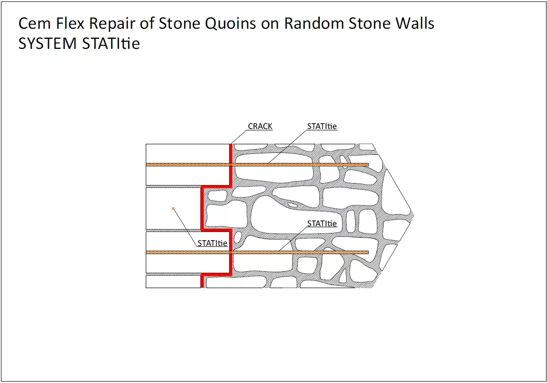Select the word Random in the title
tap(313, 23)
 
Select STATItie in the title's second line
tap(111, 44)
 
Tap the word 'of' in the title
tap(159, 23)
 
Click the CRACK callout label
tap(260, 127)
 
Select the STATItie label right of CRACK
tap(322, 127)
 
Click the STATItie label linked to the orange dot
tap(212, 244)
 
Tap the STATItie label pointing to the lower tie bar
tap(322, 224)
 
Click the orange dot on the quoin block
tap(173, 209)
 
